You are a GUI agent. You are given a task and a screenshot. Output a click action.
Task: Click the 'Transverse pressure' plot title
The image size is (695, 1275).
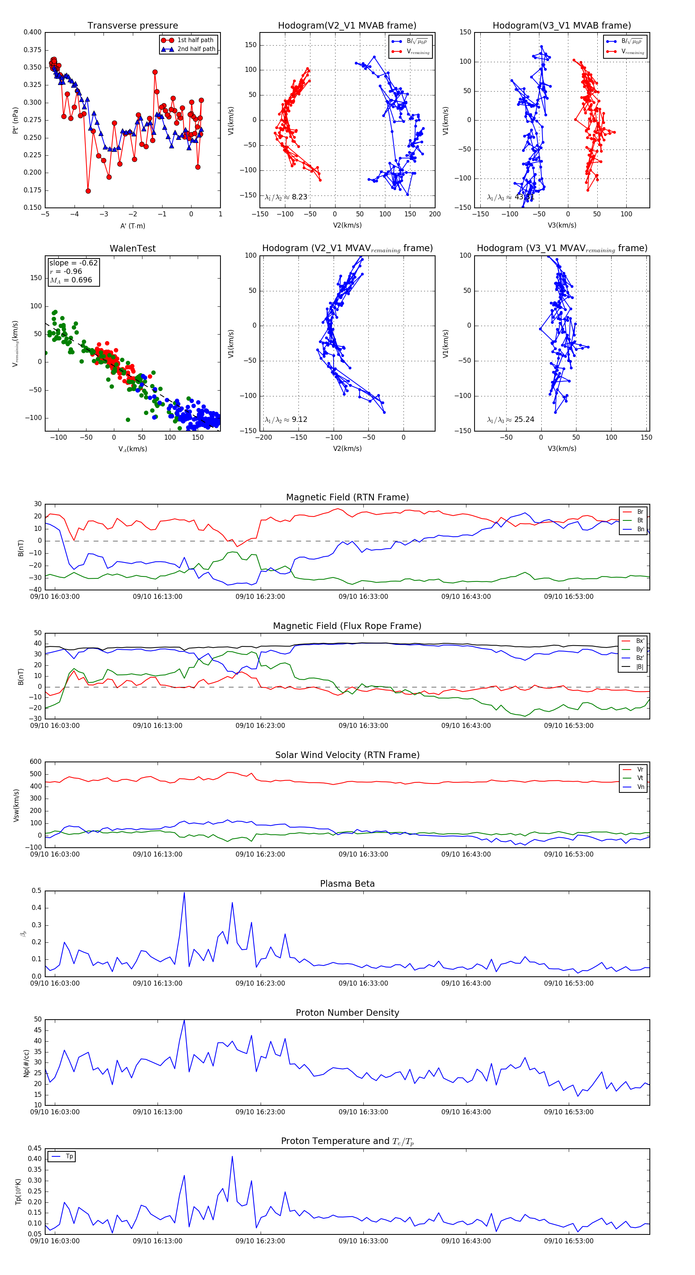132,26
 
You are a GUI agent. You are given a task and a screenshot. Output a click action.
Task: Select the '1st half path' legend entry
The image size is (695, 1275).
195,40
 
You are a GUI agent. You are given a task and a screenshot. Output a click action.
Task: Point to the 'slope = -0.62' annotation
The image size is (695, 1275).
73,263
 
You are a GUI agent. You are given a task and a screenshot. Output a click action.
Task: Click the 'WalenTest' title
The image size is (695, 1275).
132,248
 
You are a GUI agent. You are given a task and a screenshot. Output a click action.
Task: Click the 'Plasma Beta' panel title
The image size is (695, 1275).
347,884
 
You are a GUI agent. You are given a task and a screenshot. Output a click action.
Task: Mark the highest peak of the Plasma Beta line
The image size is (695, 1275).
184,892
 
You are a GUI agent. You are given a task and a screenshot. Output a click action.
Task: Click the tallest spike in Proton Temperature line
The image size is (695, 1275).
232,1156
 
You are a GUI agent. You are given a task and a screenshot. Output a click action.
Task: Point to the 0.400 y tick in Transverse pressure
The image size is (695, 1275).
33,32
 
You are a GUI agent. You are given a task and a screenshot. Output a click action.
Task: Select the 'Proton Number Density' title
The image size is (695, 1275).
347,1012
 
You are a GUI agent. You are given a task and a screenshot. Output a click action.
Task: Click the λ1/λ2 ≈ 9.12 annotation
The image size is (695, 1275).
286,420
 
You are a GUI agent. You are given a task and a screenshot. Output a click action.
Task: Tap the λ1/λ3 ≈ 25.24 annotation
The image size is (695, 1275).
510,420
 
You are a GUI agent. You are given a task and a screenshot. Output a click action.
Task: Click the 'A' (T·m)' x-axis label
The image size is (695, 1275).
132,226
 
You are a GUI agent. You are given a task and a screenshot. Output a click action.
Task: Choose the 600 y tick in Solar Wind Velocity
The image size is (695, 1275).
36,762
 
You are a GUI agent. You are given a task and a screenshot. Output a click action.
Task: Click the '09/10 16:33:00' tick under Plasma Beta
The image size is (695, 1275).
363,983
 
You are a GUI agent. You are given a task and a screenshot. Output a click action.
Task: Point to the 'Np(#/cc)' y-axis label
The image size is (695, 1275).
27,1063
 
